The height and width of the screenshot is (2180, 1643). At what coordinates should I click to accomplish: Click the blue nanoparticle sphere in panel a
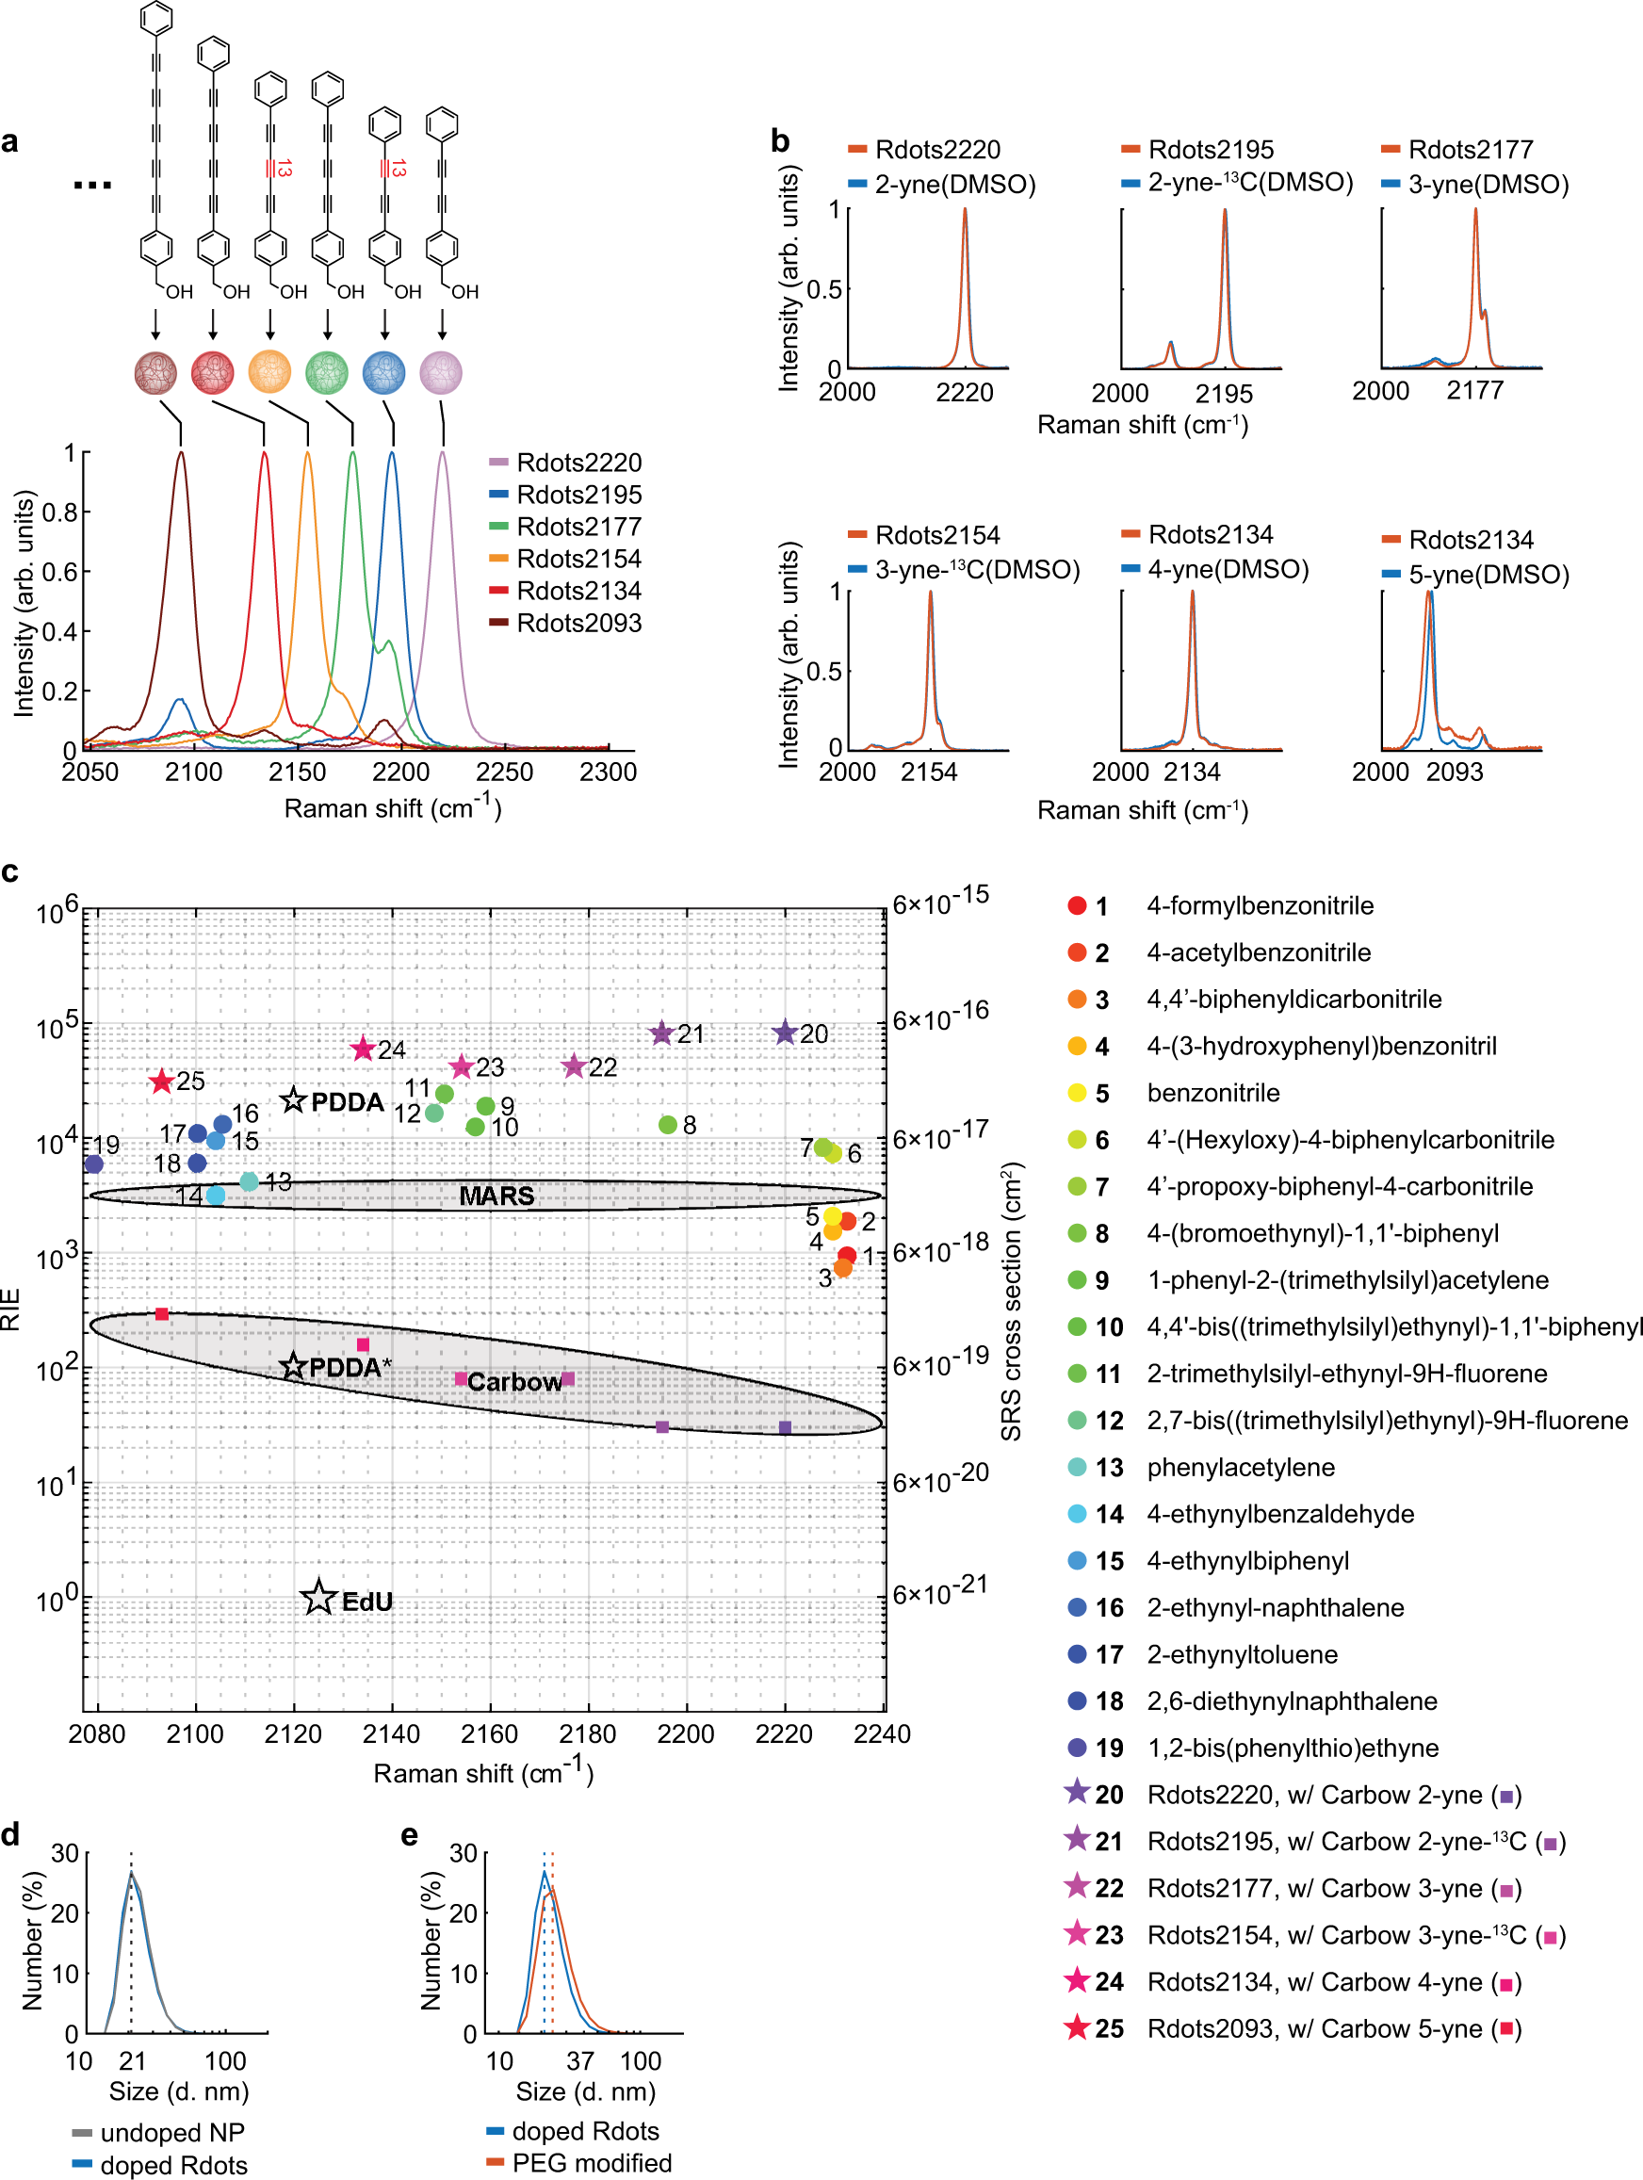click(384, 372)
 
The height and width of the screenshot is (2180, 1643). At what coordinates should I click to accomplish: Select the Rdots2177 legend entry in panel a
click(577, 527)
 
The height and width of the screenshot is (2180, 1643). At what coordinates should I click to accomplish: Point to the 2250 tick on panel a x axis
click(505, 772)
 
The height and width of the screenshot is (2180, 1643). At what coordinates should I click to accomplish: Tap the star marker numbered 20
click(785, 1033)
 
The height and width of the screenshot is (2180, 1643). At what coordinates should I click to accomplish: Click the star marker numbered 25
click(162, 1082)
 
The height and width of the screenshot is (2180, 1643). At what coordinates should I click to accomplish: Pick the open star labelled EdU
click(318, 1598)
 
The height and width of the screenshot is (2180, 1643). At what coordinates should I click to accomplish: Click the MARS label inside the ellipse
click(496, 1196)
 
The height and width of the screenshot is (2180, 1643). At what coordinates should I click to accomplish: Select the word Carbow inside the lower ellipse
click(513, 1382)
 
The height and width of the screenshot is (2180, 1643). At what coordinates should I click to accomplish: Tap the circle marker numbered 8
click(667, 1125)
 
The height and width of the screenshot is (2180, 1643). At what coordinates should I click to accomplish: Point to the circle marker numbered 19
click(93, 1163)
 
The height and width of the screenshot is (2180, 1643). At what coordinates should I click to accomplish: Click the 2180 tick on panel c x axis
click(588, 1734)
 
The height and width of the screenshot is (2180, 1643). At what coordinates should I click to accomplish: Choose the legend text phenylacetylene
click(1240, 1468)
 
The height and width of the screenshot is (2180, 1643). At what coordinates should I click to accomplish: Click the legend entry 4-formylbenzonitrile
click(1260, 905)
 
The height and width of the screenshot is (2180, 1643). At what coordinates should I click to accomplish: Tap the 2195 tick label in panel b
click(1223, 394)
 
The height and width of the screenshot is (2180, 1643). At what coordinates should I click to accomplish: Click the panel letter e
click(409, 1835)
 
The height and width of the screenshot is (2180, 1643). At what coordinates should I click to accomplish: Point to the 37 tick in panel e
click(580, 2060)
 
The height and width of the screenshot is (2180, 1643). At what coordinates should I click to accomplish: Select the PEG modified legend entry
click(592, 2163)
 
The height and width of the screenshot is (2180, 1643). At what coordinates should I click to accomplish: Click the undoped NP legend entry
click(171, 2133)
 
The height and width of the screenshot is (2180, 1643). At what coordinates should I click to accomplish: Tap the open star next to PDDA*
click(293, 1366)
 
